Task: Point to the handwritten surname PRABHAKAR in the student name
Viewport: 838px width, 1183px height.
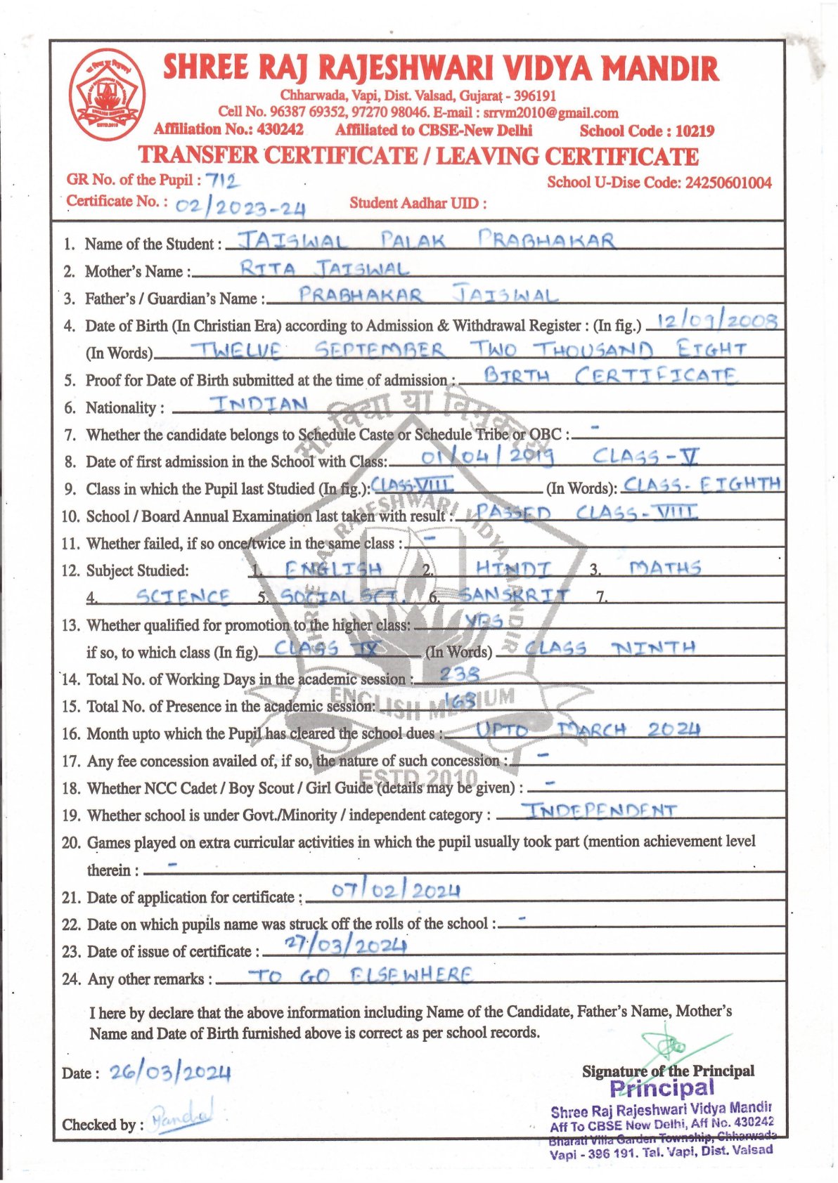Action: (546, 240)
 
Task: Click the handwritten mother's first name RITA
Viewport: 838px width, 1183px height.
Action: (267, 268)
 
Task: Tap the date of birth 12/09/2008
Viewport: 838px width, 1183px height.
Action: (712, 321)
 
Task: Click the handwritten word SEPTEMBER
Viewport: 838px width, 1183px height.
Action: (379, 349)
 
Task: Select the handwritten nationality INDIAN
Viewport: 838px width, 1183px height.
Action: (259, 404)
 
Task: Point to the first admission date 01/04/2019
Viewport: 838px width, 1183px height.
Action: (488, 457)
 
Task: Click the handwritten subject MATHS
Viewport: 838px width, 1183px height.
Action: (664, 567)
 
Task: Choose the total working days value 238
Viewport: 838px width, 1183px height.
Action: (460, 674)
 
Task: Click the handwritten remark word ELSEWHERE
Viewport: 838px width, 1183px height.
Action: (411, 975)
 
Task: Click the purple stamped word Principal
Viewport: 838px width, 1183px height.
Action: (662, 1088)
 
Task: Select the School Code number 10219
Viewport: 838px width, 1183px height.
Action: (695, 131)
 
